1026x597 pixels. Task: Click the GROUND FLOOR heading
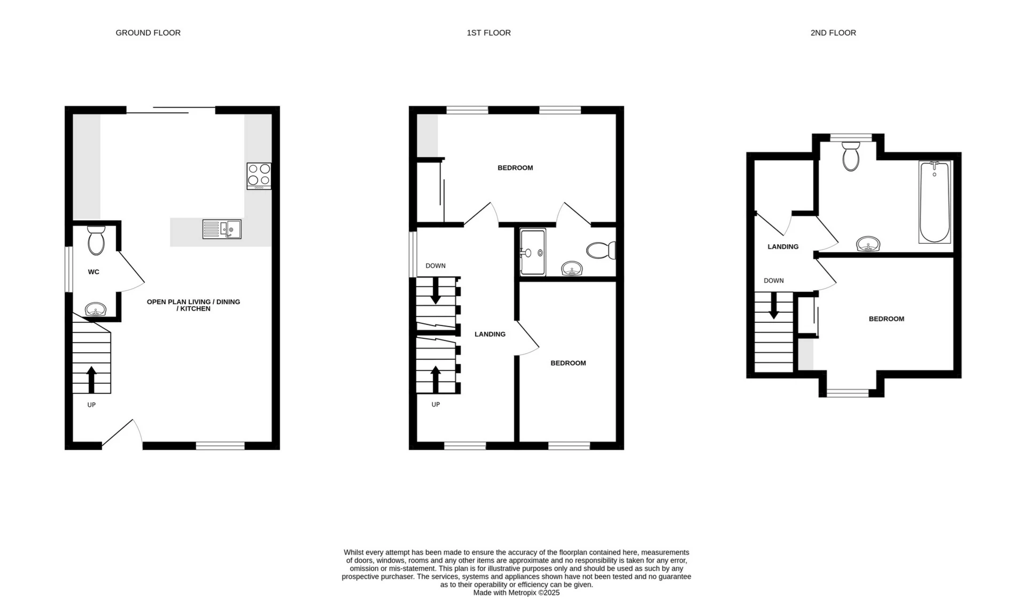148,33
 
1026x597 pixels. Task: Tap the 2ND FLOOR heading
833,33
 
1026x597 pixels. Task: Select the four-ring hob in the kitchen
259,176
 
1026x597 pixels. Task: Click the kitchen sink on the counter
222,229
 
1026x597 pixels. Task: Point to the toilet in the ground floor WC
96,241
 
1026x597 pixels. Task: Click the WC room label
94,272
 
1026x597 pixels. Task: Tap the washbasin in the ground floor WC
96,309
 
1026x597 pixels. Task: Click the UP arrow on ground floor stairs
91,379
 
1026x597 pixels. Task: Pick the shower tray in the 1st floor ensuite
533,252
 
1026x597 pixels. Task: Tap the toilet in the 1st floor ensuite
602,251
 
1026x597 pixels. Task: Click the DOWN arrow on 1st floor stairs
436,291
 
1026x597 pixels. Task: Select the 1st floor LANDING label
490,335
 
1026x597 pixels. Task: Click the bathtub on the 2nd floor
935,203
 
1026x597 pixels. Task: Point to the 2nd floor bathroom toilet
850,157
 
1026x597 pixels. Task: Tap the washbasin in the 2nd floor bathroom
868,245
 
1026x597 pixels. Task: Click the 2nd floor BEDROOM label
886,319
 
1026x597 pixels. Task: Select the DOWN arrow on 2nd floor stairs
773,307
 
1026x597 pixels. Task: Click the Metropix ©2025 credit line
516,593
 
